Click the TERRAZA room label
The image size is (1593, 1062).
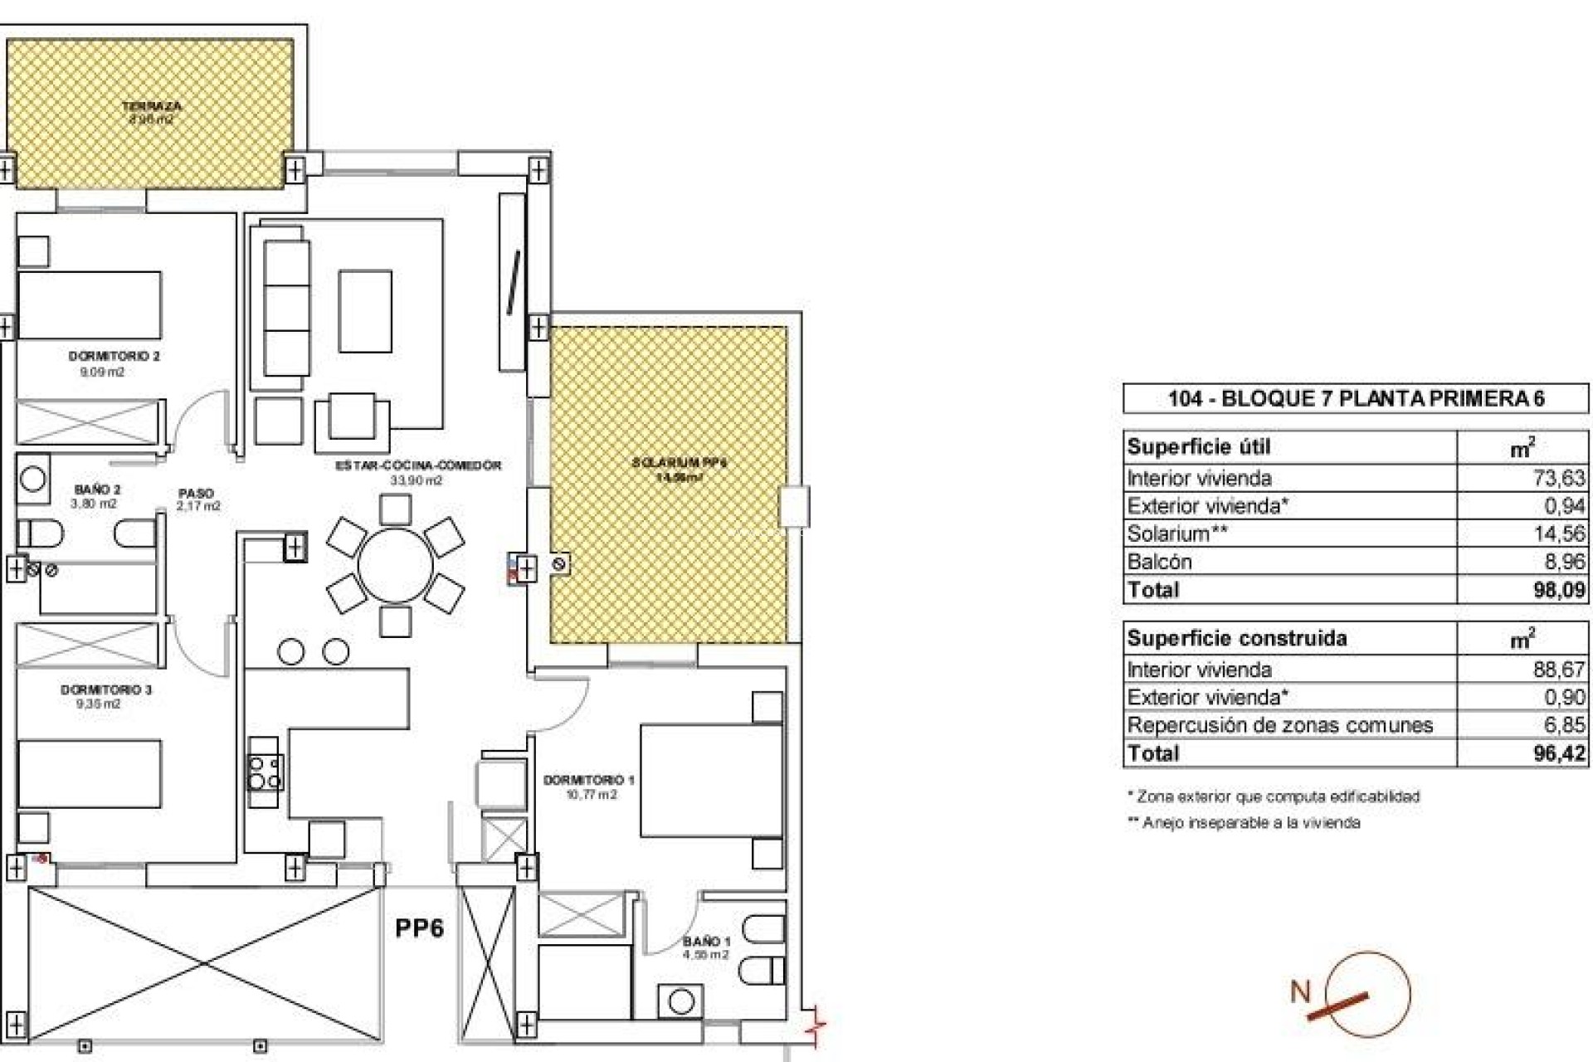coord(151,107)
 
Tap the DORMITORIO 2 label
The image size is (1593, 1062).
coord(114,357)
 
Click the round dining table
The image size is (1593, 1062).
coord(395,565)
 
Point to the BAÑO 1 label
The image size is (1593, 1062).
coord(706,942)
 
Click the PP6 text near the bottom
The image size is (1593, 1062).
coord(419,928)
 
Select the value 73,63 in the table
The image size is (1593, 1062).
coord(1559,478)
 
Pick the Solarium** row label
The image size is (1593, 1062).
coord(1176,533)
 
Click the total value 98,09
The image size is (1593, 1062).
coord(1559,590)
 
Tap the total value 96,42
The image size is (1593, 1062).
coord(1559,753)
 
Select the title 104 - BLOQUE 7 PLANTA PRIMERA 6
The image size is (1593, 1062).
coord(1356,399)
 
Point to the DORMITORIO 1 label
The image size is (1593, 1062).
coord(588,781)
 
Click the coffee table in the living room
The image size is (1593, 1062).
coord(364,310)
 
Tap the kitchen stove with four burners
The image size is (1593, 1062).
coord(264,772)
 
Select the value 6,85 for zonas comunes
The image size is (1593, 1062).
coord(1564,725)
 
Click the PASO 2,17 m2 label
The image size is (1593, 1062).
coord(197,499)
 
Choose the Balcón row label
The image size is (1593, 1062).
coord(1159,562)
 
